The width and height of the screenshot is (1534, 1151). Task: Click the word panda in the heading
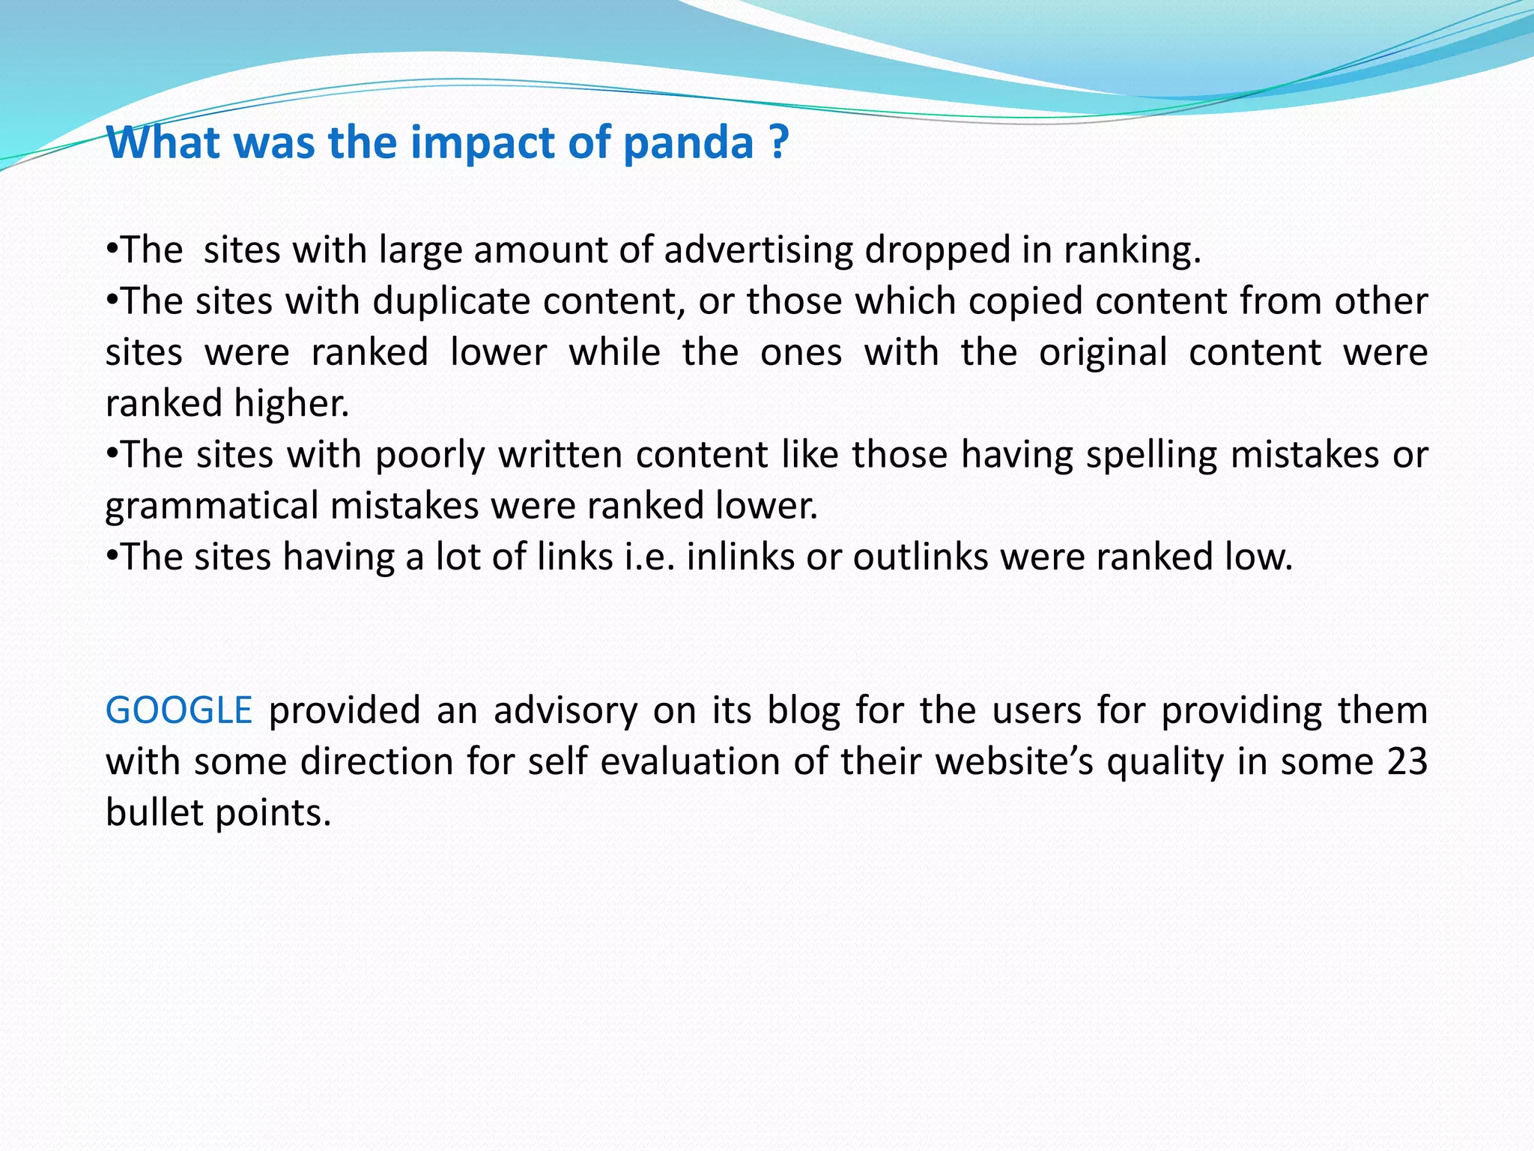pyautogui.click(x=687, y=142)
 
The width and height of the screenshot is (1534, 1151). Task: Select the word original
pyautogui.click(x=1103, y=352)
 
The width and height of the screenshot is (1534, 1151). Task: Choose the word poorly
pyautogui.click(x=430, y=455)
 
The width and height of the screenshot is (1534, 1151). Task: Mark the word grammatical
pyautogui.click(x=212, y=506)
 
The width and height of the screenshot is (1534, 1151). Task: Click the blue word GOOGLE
pyautogui.click(x=178, y=710)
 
